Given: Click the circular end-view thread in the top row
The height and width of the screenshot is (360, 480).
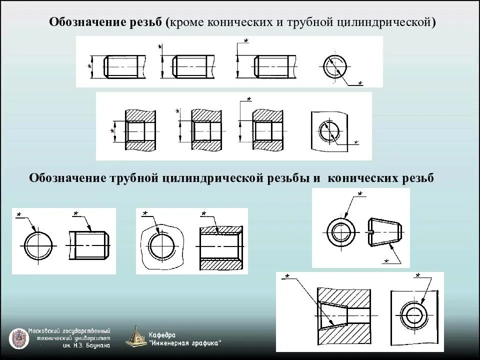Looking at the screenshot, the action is coord(334,65).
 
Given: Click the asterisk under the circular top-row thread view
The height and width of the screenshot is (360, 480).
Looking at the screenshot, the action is coord(360,83).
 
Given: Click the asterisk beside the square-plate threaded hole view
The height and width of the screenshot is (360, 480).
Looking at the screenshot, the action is coord(356,143).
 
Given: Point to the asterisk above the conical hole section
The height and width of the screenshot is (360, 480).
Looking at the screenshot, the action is coord(287,276).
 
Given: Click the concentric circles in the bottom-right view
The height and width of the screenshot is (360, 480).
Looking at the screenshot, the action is coord(414,316).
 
